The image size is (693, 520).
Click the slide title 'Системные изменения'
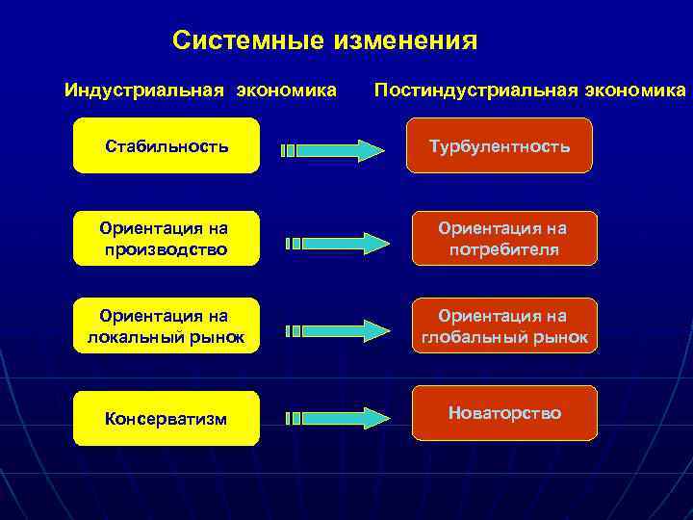coord(324,40)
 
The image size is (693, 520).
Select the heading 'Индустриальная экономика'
coord(200,91)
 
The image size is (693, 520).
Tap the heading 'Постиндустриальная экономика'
coord(529,91)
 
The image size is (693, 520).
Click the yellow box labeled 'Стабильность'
coord(167,146)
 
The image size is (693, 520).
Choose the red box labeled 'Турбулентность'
coord(499,146)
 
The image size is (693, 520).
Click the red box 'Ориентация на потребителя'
coord(504,239)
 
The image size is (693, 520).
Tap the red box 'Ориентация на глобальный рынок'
coord(504,326)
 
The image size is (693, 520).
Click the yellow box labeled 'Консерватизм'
coord(167,419)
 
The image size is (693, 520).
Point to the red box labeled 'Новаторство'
coord(504,413)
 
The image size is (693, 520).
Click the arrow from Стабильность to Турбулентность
coord(332,150)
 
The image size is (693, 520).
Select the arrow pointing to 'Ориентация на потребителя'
coord(337,242)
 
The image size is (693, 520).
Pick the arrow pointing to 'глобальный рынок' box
coord(337,329)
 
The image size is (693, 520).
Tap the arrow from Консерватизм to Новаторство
coord(337,418)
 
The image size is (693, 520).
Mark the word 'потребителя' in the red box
coord(504,249)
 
